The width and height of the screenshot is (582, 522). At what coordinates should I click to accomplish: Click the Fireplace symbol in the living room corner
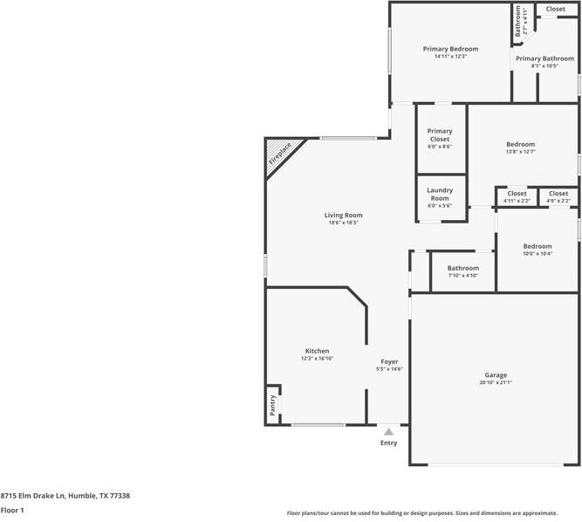(278, 153)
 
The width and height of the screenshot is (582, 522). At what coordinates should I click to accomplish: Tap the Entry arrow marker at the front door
(389, 431)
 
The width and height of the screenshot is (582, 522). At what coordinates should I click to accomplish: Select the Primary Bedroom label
(450, 49)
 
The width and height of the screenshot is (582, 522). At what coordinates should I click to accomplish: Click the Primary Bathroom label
(544, 58)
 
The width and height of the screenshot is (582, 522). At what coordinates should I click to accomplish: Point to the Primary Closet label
(440, 135)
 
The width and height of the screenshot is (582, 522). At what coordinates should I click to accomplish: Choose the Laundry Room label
(440, 194)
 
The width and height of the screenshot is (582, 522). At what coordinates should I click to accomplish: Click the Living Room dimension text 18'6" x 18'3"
(343, 223)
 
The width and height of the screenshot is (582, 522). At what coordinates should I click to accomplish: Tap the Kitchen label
(317, 351)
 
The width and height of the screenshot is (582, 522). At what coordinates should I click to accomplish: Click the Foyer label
(389, 361)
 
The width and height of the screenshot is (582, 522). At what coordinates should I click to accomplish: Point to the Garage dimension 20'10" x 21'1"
(495, 382)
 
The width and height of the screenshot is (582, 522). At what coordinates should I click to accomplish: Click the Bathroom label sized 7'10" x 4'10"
(462, 268)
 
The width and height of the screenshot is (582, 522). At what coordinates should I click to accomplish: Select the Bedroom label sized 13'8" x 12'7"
(520, 144)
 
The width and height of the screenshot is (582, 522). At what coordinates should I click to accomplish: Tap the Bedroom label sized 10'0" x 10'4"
(537, 246)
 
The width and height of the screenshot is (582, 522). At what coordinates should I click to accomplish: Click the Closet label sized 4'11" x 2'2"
(517, 194)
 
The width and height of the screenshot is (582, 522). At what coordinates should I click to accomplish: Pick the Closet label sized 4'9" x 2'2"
(558, 194)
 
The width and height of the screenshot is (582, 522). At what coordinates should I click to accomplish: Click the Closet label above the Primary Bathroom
(555, 9)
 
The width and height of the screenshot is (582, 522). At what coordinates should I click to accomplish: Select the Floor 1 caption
(12, 510)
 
